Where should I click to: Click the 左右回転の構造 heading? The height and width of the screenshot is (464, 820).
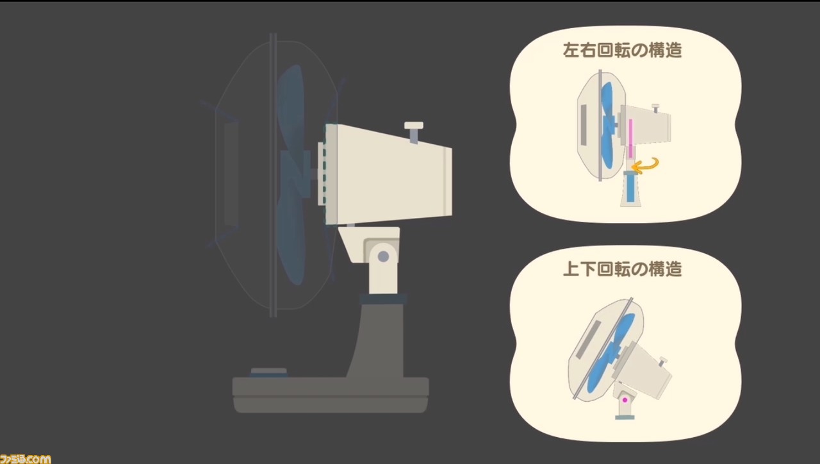coord(622,50)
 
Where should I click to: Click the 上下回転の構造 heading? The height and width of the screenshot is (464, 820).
coord(622,269)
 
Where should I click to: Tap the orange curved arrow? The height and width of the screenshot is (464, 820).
coord(645,166)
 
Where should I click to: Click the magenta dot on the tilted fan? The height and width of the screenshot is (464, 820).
coord(625,400)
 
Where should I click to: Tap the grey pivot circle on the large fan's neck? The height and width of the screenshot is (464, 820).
coord(383,256)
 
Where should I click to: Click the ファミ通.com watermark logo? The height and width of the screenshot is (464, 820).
coord(25,459)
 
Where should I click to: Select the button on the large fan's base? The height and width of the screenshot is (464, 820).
coord(268,372)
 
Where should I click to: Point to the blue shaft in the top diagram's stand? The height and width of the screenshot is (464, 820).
coord(630,188)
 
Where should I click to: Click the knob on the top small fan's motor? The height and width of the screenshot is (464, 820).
coord(655,108)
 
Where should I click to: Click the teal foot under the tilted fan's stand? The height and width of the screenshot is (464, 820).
coord(625,417)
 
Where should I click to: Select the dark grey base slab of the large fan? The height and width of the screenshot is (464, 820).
coord(331,395)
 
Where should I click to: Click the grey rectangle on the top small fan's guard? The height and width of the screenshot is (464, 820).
coord(584,124)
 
